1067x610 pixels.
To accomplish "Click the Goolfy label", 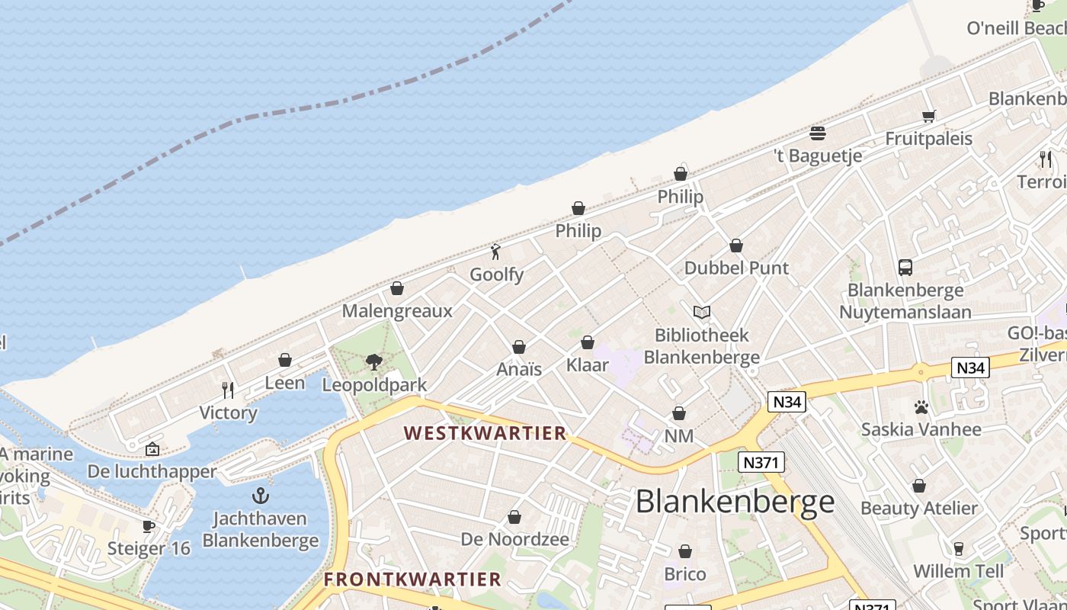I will (496, 274).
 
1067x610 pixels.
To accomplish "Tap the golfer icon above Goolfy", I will (495, 251).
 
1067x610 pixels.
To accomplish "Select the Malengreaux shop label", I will (397, 310).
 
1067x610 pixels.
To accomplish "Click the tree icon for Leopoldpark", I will (373, 361).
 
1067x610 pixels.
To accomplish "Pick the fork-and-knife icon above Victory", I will (228, 390).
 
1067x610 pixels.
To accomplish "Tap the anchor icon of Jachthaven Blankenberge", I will (261, 496).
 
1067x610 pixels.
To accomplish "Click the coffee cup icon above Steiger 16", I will (149, 526).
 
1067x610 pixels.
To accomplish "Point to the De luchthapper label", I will (152, 471).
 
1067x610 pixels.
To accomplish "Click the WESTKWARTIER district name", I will (485, 433).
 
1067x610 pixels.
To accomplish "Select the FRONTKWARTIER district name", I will (412, 579).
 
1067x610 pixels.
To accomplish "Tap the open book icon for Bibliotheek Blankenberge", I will (702, 312).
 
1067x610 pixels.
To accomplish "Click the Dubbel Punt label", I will (736, 268).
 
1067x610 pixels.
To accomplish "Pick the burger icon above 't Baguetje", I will (818, 134).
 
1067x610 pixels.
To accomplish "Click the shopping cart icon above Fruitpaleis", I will (928, 116).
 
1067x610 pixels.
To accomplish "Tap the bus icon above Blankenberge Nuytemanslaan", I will (905, 268).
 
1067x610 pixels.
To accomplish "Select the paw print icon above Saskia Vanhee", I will (921, 407).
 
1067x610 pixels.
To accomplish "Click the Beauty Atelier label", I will (918, 508).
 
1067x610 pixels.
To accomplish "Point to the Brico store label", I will (685, 573).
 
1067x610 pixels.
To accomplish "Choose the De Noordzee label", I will (514, 539).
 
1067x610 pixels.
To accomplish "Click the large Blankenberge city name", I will (735, 501).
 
